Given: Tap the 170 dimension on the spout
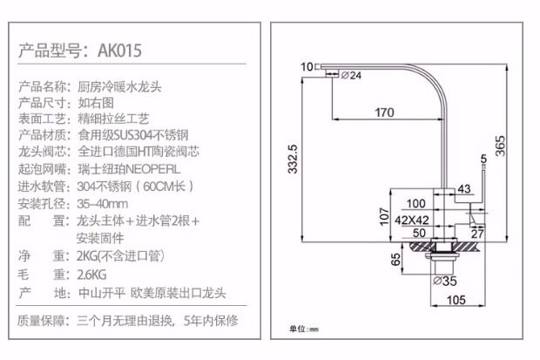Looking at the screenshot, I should (384, 112).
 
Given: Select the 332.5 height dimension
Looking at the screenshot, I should (294, 159).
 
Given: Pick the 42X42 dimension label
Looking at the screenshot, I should (405, 220).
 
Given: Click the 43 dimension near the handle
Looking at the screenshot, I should (463, 188).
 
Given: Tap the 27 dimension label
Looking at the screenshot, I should (476, 233).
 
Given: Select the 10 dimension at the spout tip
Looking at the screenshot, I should (306, 66).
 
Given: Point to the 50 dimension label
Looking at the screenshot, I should (418, 233).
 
